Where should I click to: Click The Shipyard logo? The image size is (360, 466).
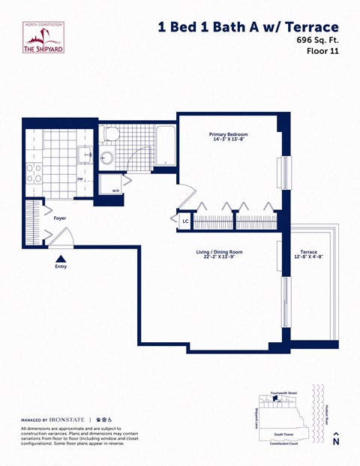[43, 38]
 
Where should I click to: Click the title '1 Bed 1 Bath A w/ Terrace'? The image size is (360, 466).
[247, 27]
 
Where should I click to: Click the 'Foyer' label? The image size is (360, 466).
[60, 218]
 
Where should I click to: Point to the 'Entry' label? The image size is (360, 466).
[61, 266]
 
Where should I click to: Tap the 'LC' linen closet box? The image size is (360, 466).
[185, 221]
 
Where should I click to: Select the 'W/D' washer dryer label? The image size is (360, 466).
[115, 191]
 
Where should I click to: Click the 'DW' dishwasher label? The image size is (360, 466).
[79, 179]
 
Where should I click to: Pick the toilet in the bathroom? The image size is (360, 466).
[111, 135]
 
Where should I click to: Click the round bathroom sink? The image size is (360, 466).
[106, 158]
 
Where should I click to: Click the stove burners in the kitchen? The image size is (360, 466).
[34, 173]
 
